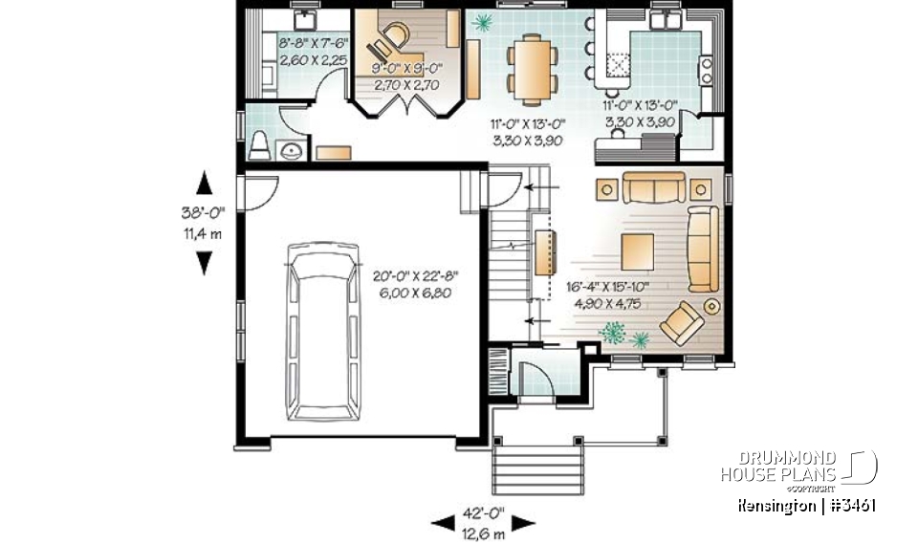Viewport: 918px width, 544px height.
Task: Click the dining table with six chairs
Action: tap(528, 67)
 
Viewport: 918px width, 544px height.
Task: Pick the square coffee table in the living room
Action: tap(639, 251)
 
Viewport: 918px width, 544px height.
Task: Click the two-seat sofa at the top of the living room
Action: tap(654, 187)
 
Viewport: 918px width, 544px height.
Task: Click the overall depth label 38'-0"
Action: tap(203, 214)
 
